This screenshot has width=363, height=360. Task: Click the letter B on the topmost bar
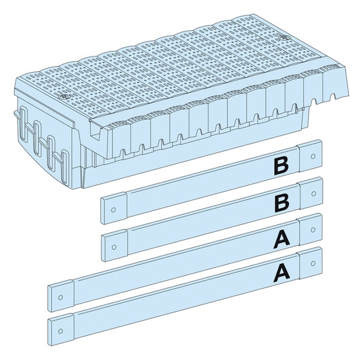281,166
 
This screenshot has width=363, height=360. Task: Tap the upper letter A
282,240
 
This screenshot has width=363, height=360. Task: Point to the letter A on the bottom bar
282,274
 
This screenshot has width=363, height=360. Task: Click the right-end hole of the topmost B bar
313,156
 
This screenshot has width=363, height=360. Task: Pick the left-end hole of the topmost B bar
113,210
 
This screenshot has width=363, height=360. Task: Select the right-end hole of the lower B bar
314,193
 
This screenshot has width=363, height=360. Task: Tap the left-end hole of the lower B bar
114,247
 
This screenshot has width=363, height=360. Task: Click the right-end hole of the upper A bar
313,230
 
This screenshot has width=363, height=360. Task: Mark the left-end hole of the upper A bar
61,298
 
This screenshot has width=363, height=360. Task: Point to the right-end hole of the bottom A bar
313,263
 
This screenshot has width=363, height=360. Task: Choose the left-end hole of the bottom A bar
61,331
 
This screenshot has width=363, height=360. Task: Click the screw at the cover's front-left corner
62,97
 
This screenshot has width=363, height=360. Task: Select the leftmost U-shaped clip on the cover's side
23,122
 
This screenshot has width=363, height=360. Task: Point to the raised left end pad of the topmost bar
114,210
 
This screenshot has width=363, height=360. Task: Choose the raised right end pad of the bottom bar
311,263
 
